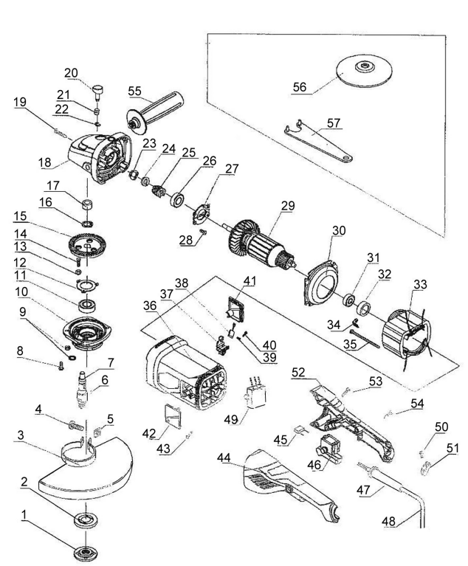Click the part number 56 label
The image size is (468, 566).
click(x=300, y=87)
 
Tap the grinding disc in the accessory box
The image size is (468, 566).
click(x=365, y=72)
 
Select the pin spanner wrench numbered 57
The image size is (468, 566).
click(x=317, y=142)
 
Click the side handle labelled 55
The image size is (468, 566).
click(x=155, y=112)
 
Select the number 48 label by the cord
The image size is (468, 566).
click(x=388, y=521)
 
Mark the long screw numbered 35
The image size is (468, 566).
click(x=365, y=340)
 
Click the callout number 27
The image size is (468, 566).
click(x=233, y=168)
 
